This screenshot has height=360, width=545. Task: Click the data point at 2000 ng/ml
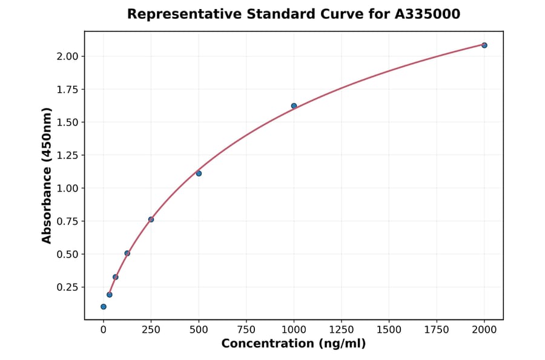coord(484,45)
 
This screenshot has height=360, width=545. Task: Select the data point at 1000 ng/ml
coord(294,106)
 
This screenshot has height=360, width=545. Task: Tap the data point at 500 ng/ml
coord(199,173)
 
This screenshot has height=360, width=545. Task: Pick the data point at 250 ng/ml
coord(151,219)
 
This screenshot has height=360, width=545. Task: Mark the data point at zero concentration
coord(104,307)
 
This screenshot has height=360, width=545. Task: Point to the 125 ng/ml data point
coord(127,253)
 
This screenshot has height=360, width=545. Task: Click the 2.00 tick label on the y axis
coord(68,56)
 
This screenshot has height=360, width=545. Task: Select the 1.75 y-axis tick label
coord(68,90)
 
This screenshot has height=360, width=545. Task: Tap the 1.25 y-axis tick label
coord(68,155)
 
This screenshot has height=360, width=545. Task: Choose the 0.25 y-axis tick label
coord(68,287)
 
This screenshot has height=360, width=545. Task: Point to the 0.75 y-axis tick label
coord(68,221)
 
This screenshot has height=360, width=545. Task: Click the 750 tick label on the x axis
coord(246,329)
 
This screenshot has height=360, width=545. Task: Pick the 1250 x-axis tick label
coord(342,329)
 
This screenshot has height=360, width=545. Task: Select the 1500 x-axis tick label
coord(389,329)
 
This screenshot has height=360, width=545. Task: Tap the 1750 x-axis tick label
coord(437,329)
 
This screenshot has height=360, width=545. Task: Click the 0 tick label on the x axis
coord(104,329)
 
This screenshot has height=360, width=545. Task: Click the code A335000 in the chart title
coord(427,14)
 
